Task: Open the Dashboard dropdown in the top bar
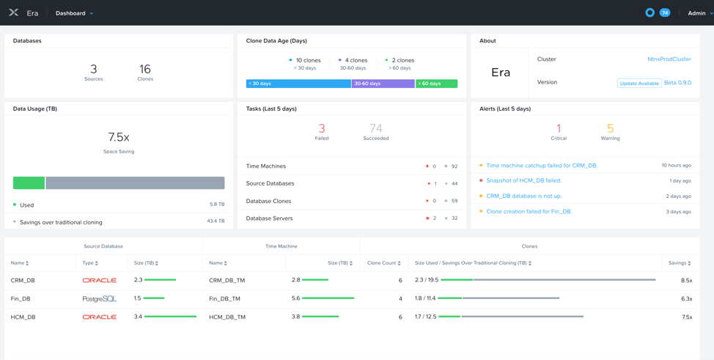click(74, 13)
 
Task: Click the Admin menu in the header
click(699, 13)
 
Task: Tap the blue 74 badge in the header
click(664, 12)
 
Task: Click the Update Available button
click(638, 84)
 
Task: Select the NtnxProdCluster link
click(669, 59)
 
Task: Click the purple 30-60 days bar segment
click(383, 84)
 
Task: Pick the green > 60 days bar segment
click(436, 84)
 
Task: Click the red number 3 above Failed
click(321, 128)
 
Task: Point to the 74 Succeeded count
click(375, 128)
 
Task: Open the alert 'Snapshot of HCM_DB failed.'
click(523, 180)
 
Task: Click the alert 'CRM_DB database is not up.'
click(523, 196)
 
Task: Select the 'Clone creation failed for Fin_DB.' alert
click(528, 211)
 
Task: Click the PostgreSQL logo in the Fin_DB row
click(99, 298)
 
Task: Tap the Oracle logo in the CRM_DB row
click(99, 280)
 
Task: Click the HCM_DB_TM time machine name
click(227, 317)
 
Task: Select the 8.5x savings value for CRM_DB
click(686, 280)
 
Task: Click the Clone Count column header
click(383, 262)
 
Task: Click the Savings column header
click(679, 262)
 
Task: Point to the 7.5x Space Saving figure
click(118, 137)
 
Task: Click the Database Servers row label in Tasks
click(269, 218)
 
